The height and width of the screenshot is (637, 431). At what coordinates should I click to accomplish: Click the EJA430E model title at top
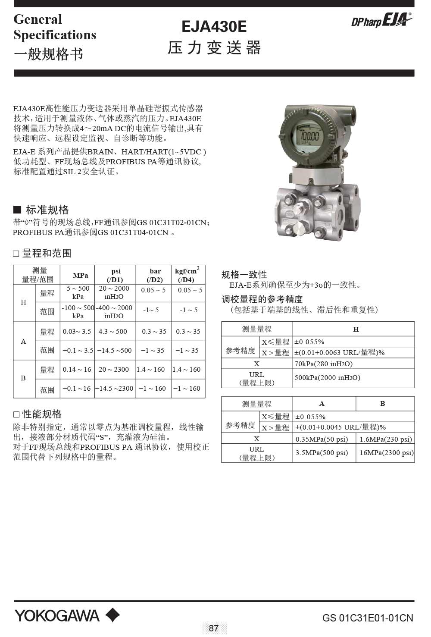pyautogui.click(x=214, y=27)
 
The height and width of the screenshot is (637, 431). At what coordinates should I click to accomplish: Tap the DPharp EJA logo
pyautogui.click(x=381, y=20)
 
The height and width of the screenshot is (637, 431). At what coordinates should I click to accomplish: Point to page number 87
pyautogui.click(x=214, y=628)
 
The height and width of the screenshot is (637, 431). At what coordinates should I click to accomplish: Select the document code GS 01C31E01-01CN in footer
pyautogui.click(x=367, y=618)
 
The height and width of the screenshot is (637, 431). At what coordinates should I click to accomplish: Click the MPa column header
pyautogui.click(x=80, y=275)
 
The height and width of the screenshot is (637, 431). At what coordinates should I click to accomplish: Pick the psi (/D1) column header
pyautogui.click(x=115, y=275)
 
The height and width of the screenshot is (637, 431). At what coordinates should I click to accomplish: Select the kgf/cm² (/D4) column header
pyautogui.click(x=187, y=275)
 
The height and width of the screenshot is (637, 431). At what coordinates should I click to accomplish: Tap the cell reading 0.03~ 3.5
pyautogui.click(x=77, y=332)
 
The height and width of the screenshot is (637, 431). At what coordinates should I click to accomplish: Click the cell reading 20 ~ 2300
pyautogui.click(x=114, y=370)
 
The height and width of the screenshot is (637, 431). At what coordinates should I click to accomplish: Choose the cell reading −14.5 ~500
pyautogui.click(x=114, y=351)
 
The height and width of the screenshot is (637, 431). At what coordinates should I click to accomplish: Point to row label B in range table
pyautogui.click(x=24, y=378)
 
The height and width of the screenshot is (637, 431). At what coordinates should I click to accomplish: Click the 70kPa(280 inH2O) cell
pyautogui.click(x=323, y=364)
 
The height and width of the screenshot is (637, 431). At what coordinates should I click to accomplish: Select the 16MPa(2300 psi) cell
pyautogui.click(x=386, y=453)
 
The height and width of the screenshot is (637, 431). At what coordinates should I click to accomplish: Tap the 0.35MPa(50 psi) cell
pyautogui.click(x=322, y=439)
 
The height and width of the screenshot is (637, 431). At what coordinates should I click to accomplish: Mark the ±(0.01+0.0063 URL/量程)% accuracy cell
pyautogui.click(x=339, y=352)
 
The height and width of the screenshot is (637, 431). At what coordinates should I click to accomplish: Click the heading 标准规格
pyautogui.click(x=47, y=210)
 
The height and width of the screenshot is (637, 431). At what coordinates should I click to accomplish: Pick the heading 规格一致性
pyautogui.click(x=244, y=275)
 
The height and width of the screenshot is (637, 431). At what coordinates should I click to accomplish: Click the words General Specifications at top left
pyautogui.click(x=55, y=27)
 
